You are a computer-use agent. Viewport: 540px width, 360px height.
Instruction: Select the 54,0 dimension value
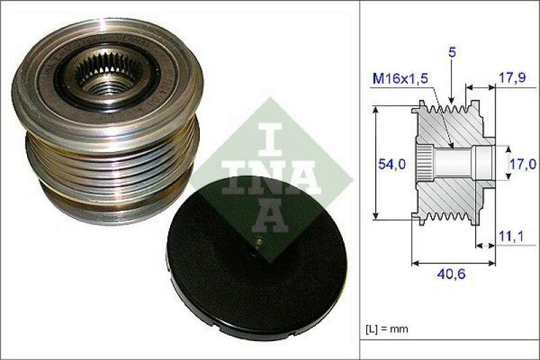(x=391, y=163)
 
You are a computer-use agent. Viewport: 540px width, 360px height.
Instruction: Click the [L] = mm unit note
(x=387, y=329)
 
